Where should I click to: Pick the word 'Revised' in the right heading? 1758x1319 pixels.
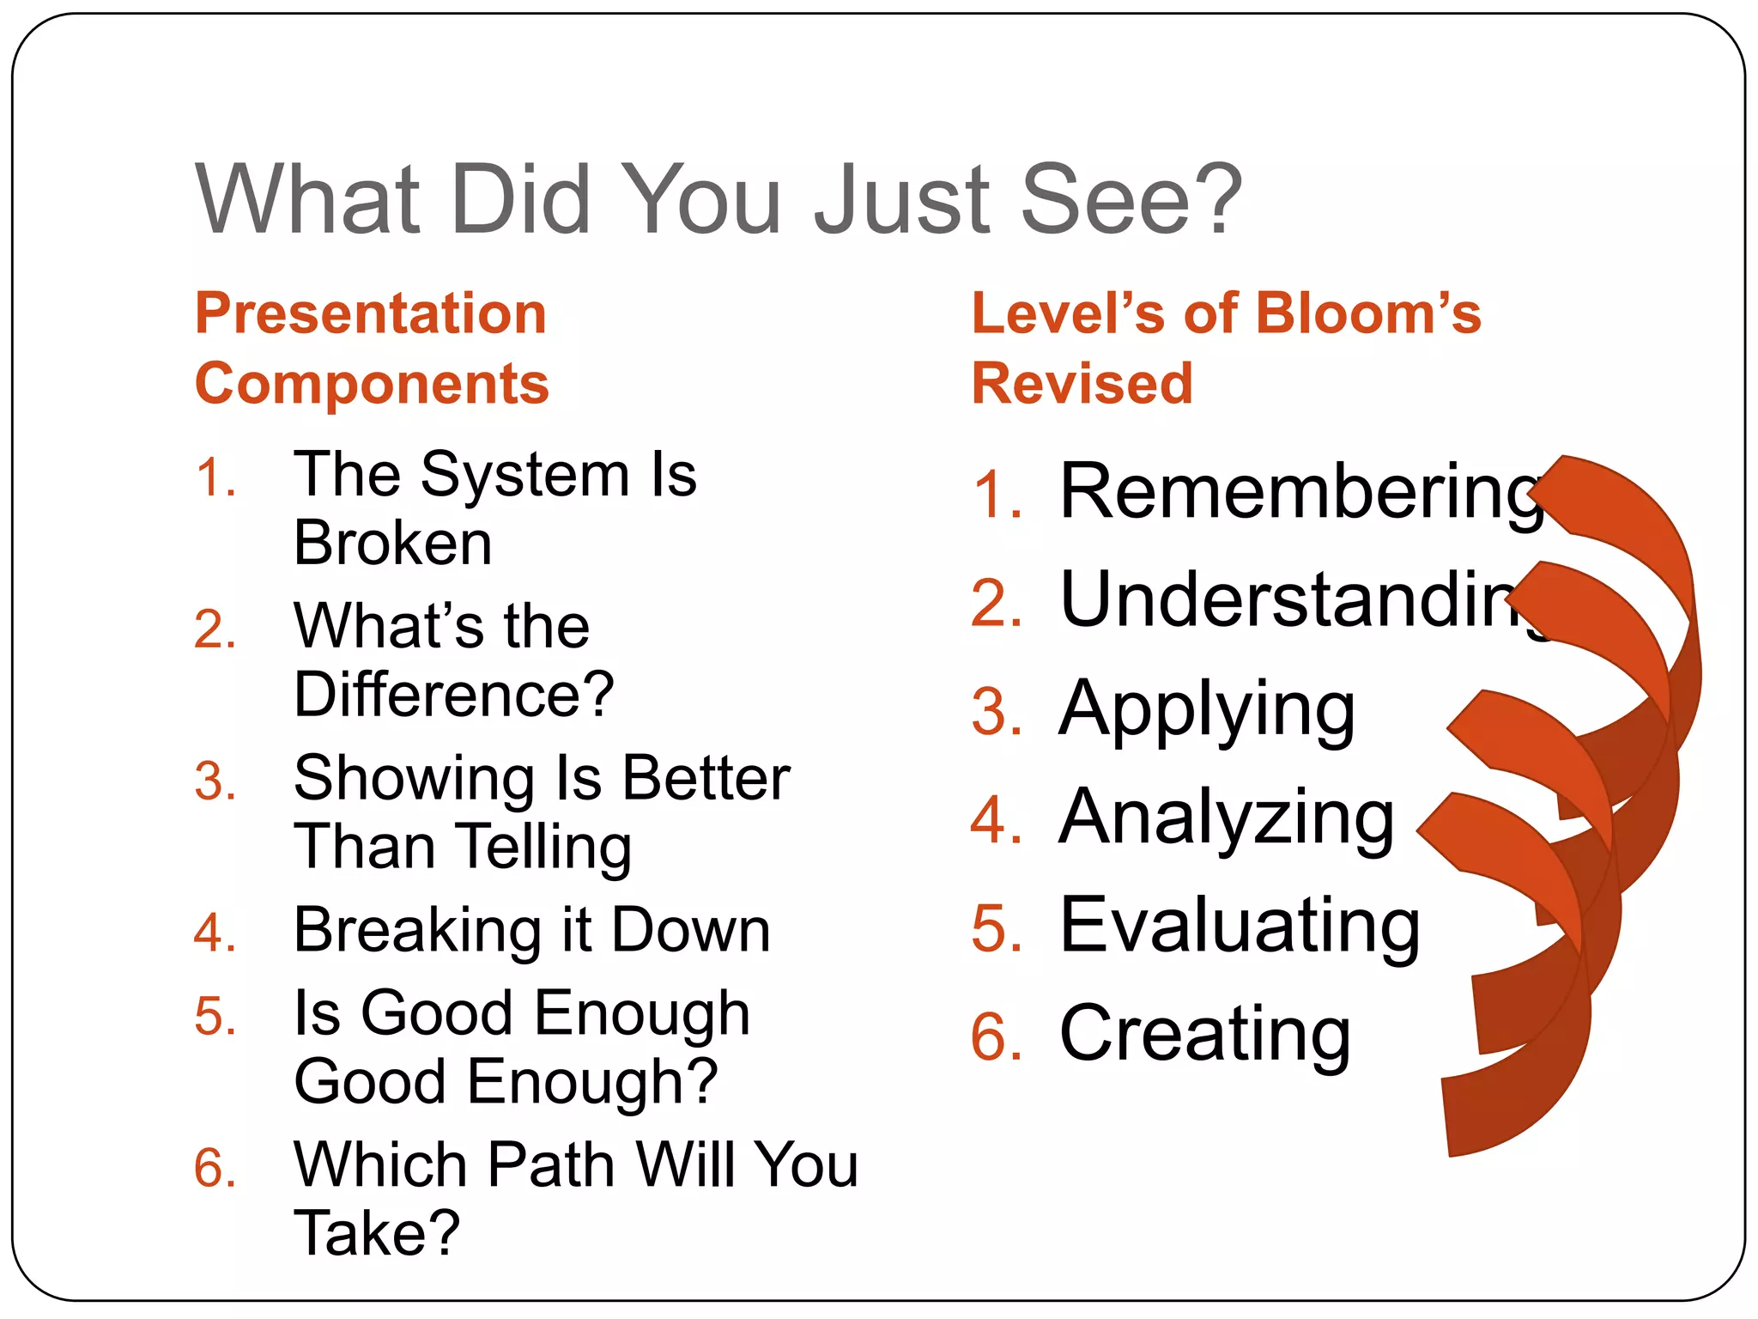tap(1082, 383)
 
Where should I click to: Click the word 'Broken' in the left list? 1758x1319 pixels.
tap(393, 543)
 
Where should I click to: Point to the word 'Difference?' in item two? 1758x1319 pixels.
tap(454, 694)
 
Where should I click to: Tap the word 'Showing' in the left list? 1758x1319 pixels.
tap(414, 778)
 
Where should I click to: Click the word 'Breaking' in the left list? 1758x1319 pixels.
tap(418, 930)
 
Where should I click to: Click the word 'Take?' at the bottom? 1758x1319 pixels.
tap(377, 1233)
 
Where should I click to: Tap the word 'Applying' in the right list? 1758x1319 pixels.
tap(1207, 711)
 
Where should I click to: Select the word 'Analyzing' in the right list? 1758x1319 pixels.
tap(1227, 818)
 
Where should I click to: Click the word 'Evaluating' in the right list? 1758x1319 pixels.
tap(1240, 926)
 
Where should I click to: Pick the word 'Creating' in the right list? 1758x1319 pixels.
tap(1205, 1034)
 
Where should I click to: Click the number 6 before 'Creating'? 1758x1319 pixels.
tap(996, 1037)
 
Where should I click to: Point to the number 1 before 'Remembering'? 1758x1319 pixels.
tap(998, 495)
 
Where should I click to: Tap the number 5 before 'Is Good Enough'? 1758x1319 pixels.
tap(215, 1017)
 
